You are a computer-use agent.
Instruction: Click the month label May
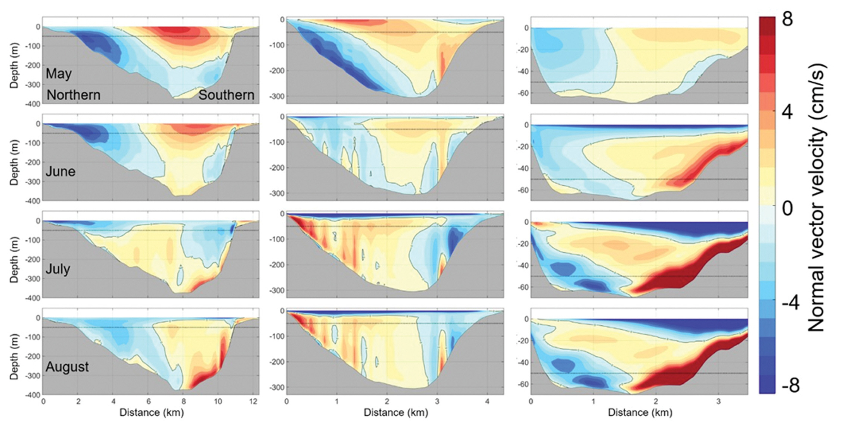(59, 74)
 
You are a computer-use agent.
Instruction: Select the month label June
(60, 171)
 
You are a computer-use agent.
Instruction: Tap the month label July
(58, 269)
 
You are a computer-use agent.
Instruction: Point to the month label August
(67, 367)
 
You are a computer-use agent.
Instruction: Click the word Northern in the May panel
(73, 95)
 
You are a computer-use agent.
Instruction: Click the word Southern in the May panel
(226, 95)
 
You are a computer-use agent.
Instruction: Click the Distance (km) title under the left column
(151, 412)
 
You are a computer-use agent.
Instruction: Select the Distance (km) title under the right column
(640, 412)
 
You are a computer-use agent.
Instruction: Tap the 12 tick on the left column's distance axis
(253, 401)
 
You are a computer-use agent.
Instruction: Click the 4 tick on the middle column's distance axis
(487, 401)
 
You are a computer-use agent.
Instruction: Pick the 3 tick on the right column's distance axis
(718, 401)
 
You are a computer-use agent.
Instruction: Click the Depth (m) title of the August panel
(14, 356)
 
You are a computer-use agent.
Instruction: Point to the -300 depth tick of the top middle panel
(277, 97)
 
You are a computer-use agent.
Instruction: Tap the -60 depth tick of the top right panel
(523, 93)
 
